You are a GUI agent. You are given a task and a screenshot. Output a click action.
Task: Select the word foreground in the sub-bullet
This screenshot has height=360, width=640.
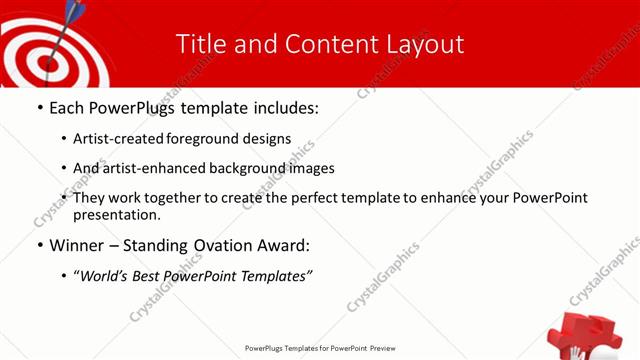point(203,139)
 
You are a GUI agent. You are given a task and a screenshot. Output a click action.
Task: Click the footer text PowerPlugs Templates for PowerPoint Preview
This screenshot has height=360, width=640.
point(320,348)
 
